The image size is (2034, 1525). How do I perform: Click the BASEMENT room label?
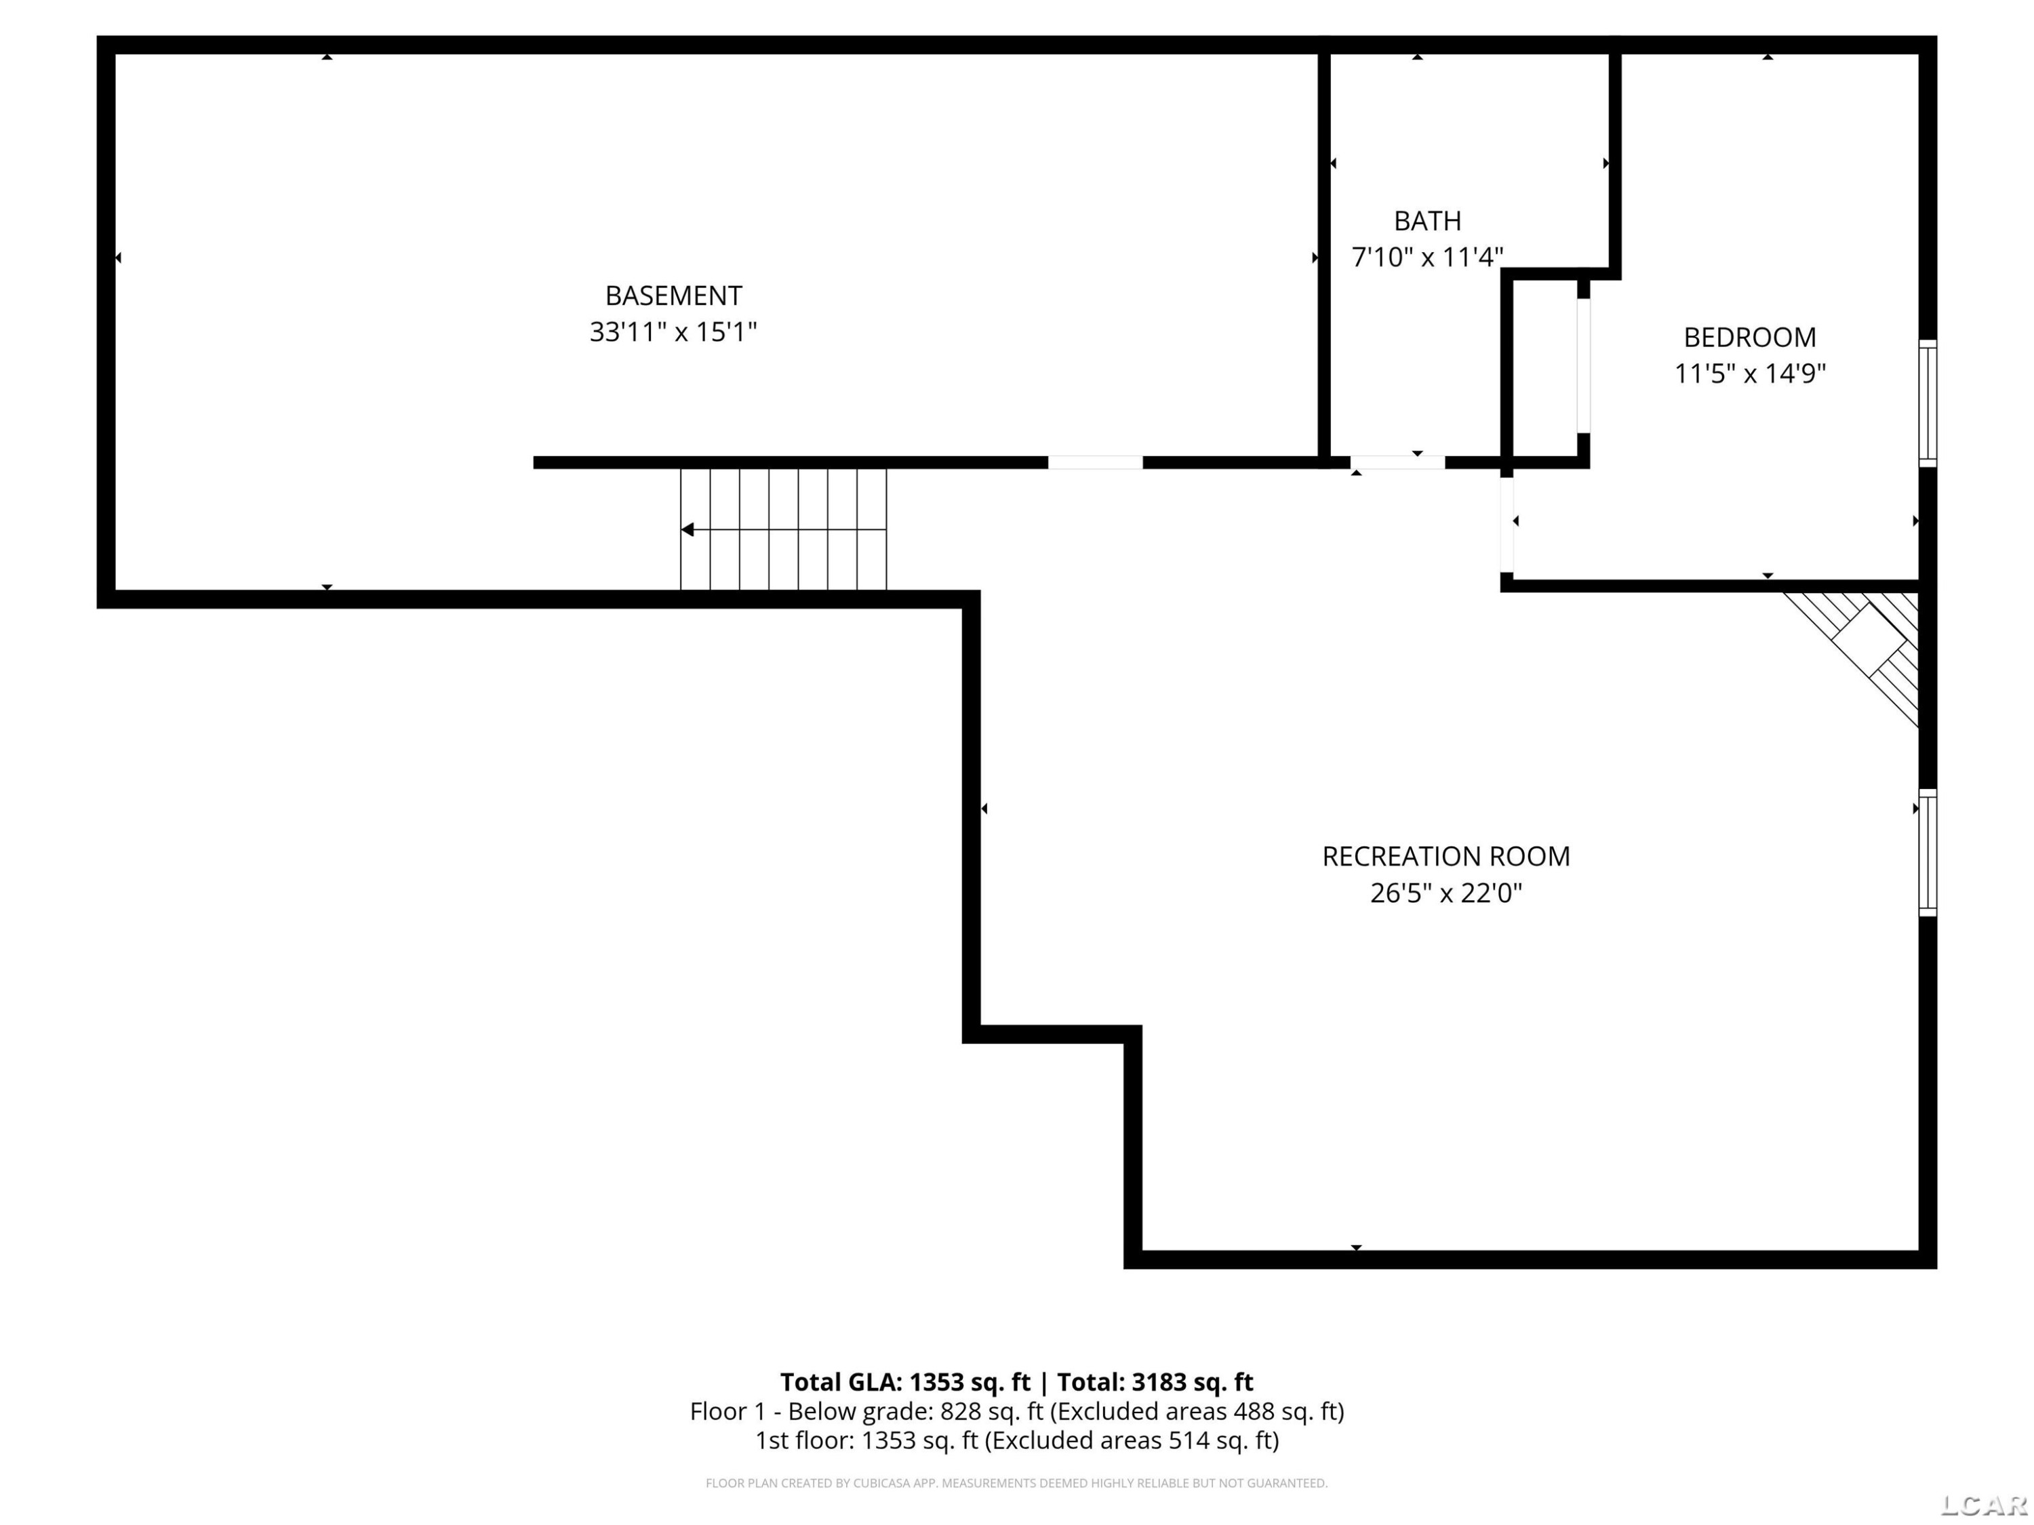click(x=673, y=296)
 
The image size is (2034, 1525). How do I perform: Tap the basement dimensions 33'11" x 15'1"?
click(x=673, y=332)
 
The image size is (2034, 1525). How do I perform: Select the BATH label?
click(x=1427, y=222)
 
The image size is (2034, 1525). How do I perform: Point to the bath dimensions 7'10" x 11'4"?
click(x=1427, y=258)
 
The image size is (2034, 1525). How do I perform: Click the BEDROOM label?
click(x=1750, y=338)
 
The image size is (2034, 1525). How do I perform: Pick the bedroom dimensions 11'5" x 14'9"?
click(x=1750, y=374)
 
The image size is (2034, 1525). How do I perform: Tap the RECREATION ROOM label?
click(x=1446, y=857)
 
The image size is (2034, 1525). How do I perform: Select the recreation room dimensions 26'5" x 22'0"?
click(x=1446, y=893)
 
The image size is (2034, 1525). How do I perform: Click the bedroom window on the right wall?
click(x=1928, y=403)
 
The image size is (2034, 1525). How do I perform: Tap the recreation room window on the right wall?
click(x=1928, y=852)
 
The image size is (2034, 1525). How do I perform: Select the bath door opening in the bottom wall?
click(x=1397, y=462)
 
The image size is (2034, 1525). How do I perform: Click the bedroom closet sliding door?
click(x=1583, y=365)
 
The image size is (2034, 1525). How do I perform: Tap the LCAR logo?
click(x=1985, y=1505)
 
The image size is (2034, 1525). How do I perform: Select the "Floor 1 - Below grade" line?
click(x=1017, y=1411)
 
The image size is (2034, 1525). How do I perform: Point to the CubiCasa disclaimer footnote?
click(x=1017, y=1483)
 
